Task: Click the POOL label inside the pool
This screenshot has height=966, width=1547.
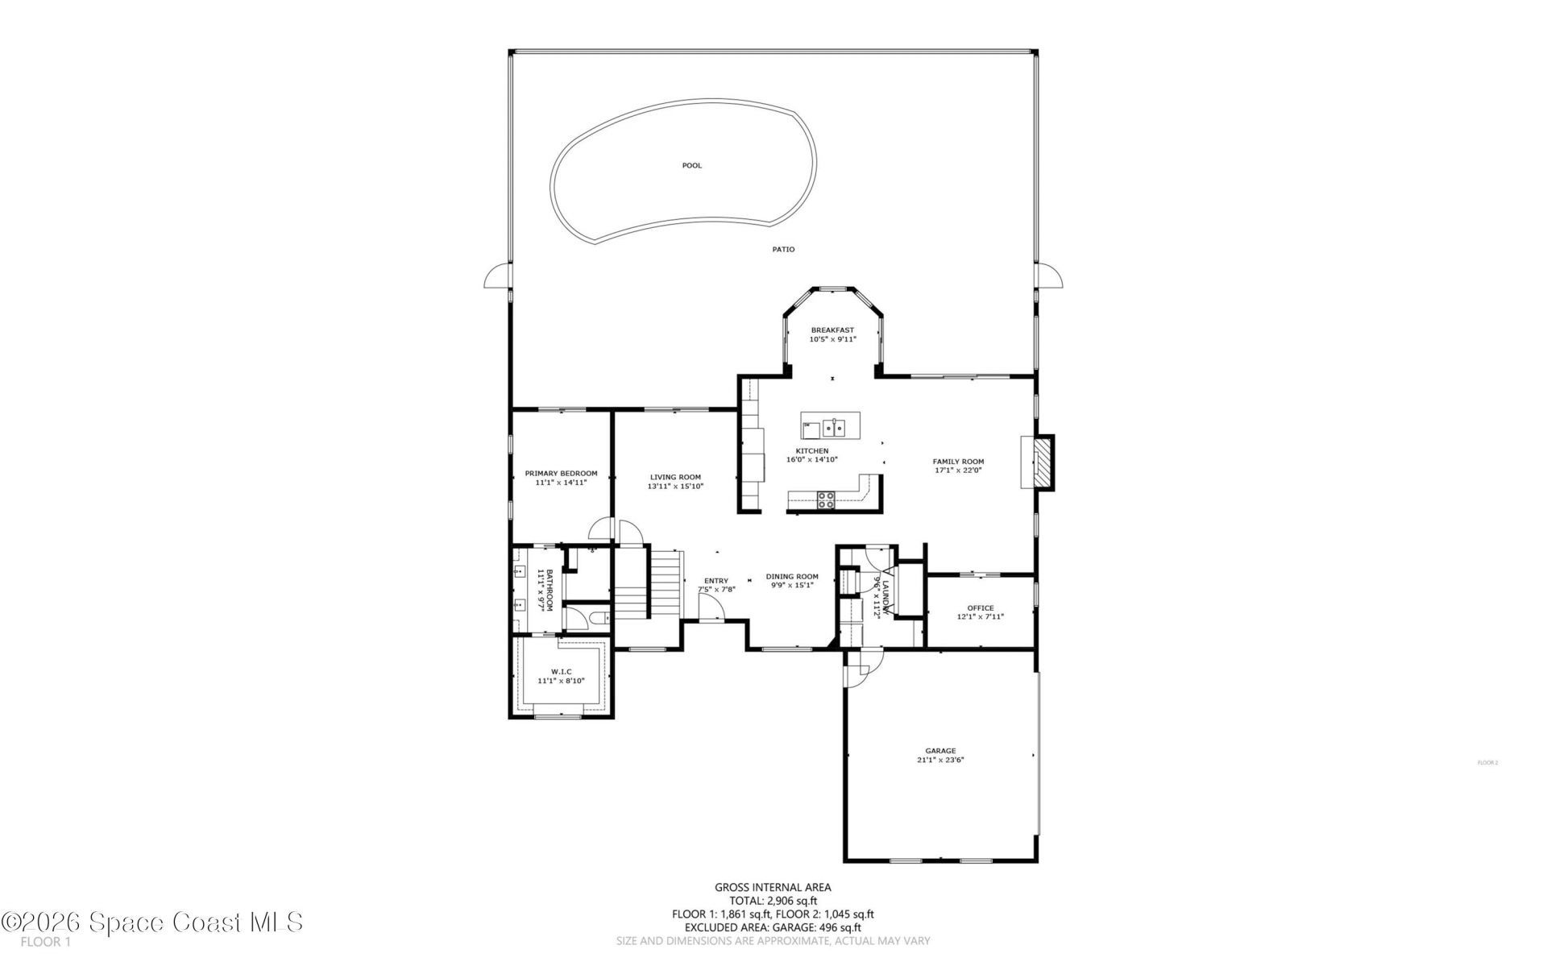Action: point(691,165)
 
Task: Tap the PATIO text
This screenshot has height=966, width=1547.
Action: point(783,249)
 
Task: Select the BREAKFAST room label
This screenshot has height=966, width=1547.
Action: point(832,330)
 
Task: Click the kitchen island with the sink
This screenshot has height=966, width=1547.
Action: point(830,425)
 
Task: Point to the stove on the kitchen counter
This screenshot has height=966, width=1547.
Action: point(826,499)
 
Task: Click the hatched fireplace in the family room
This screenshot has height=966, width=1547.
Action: point(1043,462)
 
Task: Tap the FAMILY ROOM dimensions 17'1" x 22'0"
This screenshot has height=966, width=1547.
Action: point(959,470)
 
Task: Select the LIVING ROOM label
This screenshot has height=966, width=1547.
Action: point(675,477)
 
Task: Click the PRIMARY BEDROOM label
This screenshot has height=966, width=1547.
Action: point(561,473)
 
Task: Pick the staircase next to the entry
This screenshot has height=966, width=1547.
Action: point(666,583)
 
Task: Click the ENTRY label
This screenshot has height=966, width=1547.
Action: point(715,581)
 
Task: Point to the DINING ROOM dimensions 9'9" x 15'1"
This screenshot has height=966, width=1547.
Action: point(792,585)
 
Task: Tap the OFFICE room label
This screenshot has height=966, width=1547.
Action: point(981,607)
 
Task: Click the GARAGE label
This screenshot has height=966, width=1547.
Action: point(940,751)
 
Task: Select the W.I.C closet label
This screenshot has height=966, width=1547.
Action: point(561,671)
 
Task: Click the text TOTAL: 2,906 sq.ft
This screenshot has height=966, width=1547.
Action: point(773,901)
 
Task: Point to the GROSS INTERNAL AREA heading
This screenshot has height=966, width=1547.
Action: point(773,887)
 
